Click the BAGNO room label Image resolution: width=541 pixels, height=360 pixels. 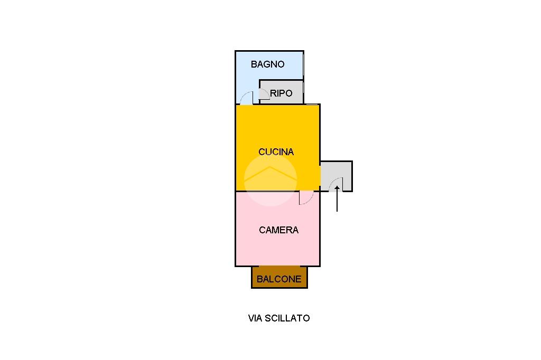coord(267,64)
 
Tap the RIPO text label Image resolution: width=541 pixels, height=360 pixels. coord(281,93)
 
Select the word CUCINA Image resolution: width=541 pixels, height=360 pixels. coord(276,151)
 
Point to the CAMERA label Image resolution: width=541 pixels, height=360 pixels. coord(278,230)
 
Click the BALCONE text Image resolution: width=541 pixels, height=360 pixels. coord(279,279)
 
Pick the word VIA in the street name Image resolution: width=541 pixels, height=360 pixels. coord(255,318)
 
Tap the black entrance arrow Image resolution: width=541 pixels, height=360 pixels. coord(337,198)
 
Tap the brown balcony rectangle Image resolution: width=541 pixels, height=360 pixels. coord(279,277)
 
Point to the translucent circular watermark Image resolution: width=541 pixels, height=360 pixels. coord(270,180)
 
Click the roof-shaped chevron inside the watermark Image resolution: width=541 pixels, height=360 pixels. coord(270,173)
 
